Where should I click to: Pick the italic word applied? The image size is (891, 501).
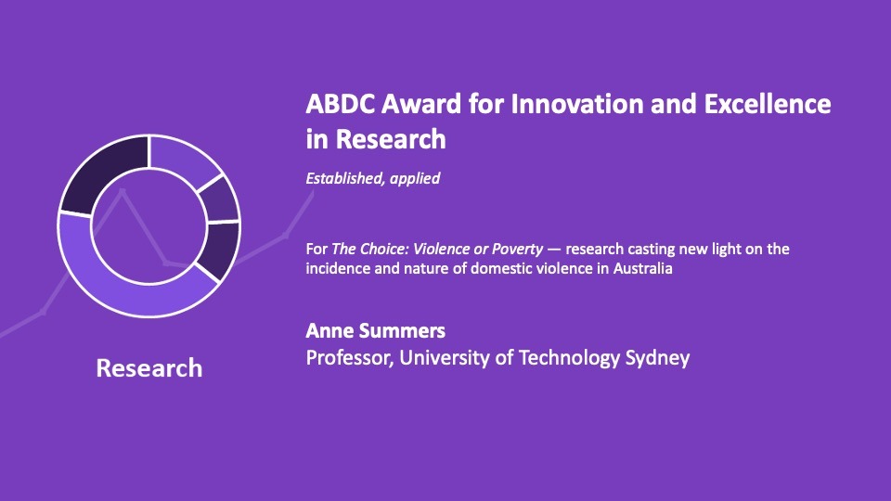pos(413,178)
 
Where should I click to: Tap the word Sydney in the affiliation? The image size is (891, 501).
pos(656,357)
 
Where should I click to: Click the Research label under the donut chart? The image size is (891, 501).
pos(148,368)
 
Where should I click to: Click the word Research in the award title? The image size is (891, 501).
pos(389,139)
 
